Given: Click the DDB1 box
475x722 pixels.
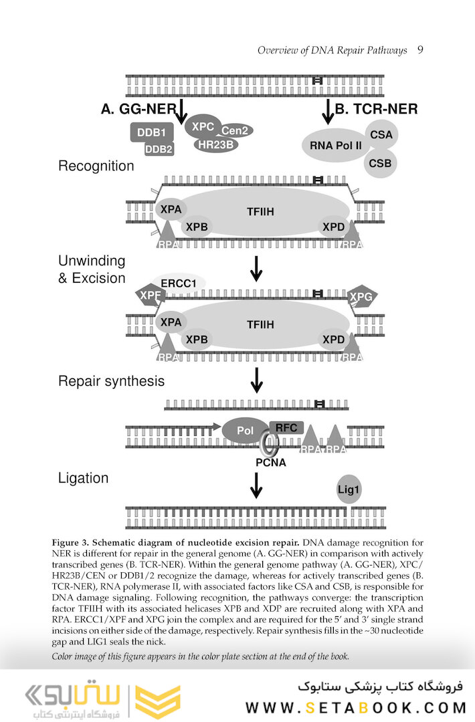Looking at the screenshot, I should (151, 132).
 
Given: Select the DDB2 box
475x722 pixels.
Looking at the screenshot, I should (159, 149).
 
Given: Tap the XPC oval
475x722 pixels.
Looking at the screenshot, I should (203, 126).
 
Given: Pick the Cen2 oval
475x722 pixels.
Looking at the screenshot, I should (234, 131).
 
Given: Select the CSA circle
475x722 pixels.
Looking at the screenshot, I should (381, 135).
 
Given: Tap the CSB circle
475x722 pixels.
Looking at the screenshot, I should (381, 163).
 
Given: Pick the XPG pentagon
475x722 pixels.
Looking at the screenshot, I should (361, 296).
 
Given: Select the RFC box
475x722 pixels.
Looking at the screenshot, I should (286, 428).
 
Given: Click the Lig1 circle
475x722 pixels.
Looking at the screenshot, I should (349, 490).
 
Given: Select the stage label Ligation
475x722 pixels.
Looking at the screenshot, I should (83, 478).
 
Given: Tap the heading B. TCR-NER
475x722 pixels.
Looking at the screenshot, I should (376, 109).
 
